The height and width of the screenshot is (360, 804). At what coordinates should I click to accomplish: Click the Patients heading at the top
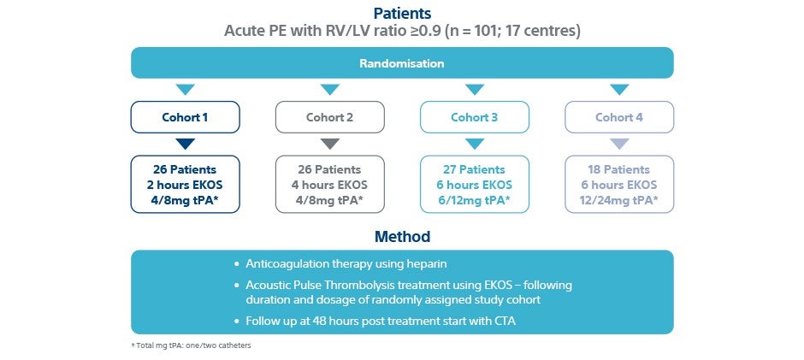[x=402, y=13]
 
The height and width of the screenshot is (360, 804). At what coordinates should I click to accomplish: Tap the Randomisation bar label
[x=402, y=63]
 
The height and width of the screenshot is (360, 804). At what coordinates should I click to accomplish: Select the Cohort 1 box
[x=185, y=117]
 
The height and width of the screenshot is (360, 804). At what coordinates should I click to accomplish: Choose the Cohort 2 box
[x=329, y=117]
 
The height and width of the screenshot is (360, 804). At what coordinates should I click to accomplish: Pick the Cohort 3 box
[x=475, y=117]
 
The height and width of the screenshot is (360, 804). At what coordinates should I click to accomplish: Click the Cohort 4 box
[x=619, y=117]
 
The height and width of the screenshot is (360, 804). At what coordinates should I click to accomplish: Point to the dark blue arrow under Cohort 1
[x=185, y=144]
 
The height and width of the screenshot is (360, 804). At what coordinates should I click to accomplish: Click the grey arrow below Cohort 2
[x=329, y=144]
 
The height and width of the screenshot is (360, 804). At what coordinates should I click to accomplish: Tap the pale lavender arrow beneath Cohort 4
[x=619, y=144]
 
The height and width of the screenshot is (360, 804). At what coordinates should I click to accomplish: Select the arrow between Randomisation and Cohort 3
[x=475, y=90]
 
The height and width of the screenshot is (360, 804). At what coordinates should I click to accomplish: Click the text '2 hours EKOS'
[x=185, y=185]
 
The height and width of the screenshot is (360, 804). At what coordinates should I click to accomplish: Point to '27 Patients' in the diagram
[x=475, y=170]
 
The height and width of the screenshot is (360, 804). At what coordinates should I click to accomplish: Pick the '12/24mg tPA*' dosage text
[x=619, y=200]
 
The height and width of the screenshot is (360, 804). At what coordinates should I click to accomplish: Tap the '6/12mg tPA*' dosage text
[x=475, y=200]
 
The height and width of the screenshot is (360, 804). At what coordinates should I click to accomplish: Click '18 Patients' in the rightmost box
[x=619, y=170]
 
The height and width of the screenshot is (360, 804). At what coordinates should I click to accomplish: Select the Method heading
[x=402, y=237]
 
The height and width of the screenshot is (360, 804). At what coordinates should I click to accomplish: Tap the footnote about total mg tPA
[x=192, y=345]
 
